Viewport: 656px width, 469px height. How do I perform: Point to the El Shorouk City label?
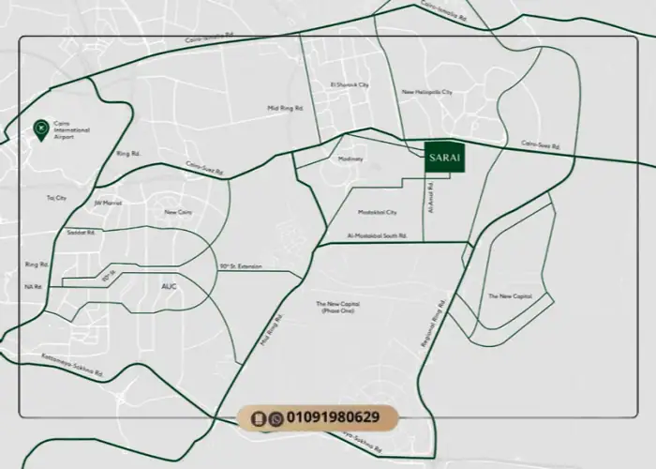tap(350, 84)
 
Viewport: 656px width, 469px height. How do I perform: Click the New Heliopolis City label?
tap(426, 92)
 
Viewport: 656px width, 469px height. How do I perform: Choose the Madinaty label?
tap(350, 159)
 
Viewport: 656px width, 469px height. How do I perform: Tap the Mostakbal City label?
tap(379, 213)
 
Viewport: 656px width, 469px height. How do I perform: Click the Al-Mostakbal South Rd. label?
tap(377, 235)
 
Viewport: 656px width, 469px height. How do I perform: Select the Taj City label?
tap(56, 198)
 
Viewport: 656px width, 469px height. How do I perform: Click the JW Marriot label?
tap(109, 201)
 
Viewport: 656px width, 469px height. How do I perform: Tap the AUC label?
tap(169, 285)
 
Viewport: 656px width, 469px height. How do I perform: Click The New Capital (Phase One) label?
tap(338, 307)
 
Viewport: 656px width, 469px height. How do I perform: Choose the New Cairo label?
tap(178, 212)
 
